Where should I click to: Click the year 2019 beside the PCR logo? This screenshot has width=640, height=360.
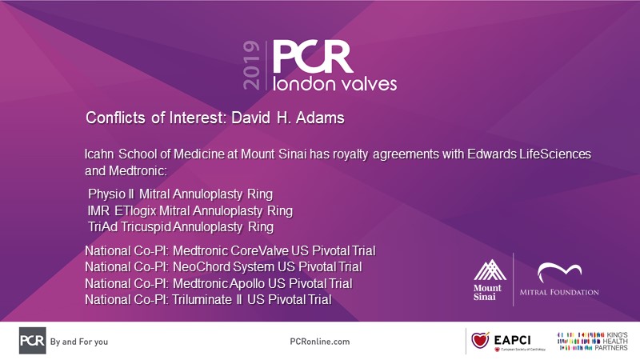pos(251,66)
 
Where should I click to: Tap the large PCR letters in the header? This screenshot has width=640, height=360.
pos(313,57)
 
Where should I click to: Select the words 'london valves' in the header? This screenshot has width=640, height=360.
pos(334,83)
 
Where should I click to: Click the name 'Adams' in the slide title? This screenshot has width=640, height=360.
pos(320,118)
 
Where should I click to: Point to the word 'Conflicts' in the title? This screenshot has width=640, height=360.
pos(115,118)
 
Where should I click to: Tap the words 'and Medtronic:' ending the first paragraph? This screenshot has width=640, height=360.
pos(126,170)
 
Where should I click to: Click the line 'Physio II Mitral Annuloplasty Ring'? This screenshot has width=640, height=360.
pos(181,194)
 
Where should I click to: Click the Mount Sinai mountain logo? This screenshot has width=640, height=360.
pos(490,270)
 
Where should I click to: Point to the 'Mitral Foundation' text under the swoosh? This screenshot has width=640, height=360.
pos(559,292)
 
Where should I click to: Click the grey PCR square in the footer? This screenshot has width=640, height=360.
pos(32,341)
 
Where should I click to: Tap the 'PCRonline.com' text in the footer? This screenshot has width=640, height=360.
pos(320,342)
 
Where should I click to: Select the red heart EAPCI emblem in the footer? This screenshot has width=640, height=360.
pos(481,340)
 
